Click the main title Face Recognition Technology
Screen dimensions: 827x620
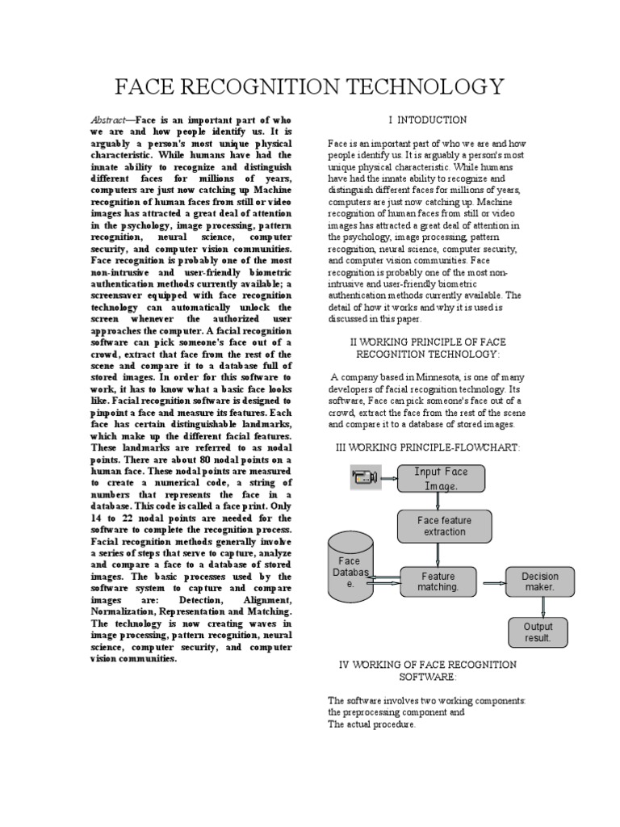[x=311, y=86]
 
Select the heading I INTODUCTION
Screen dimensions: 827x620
[x=427, y=120]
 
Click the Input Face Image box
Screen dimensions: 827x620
[x=441, y=478]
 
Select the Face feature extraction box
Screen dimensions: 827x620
[x=445, y=526]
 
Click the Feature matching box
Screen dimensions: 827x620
[x=438, y=581]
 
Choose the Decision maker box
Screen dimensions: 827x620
[x=539, y=581]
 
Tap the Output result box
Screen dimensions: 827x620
[x=538, y=632]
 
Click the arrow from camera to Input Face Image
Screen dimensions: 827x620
[x=388, y=478]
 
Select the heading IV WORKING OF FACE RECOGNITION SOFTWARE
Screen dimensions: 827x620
[x=427, y=670]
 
